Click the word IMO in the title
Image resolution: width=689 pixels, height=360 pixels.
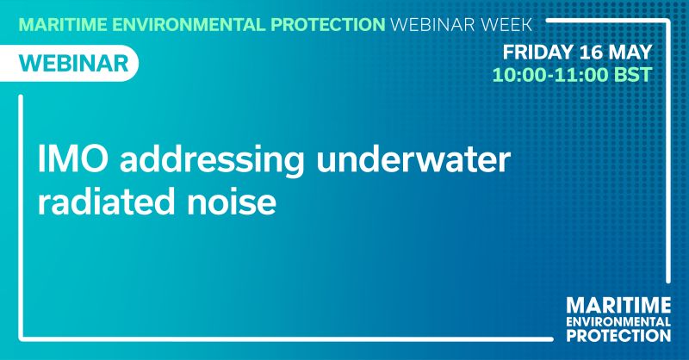tap(72, 158)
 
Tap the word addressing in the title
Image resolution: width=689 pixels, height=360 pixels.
tap(212, 161)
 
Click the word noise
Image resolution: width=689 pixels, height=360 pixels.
tap(232, 202)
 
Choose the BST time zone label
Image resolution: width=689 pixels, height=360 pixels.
tap(632, 75)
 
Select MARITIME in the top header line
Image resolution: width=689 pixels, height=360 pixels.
tap(63, 25)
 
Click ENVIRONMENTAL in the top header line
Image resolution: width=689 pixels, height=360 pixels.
tap(189, 25)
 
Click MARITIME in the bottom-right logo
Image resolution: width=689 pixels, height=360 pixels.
tap(618, 306)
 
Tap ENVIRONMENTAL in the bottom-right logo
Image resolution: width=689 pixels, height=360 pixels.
tap(618, 322)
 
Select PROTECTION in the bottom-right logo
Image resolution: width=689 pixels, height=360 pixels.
tap(618, 335)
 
